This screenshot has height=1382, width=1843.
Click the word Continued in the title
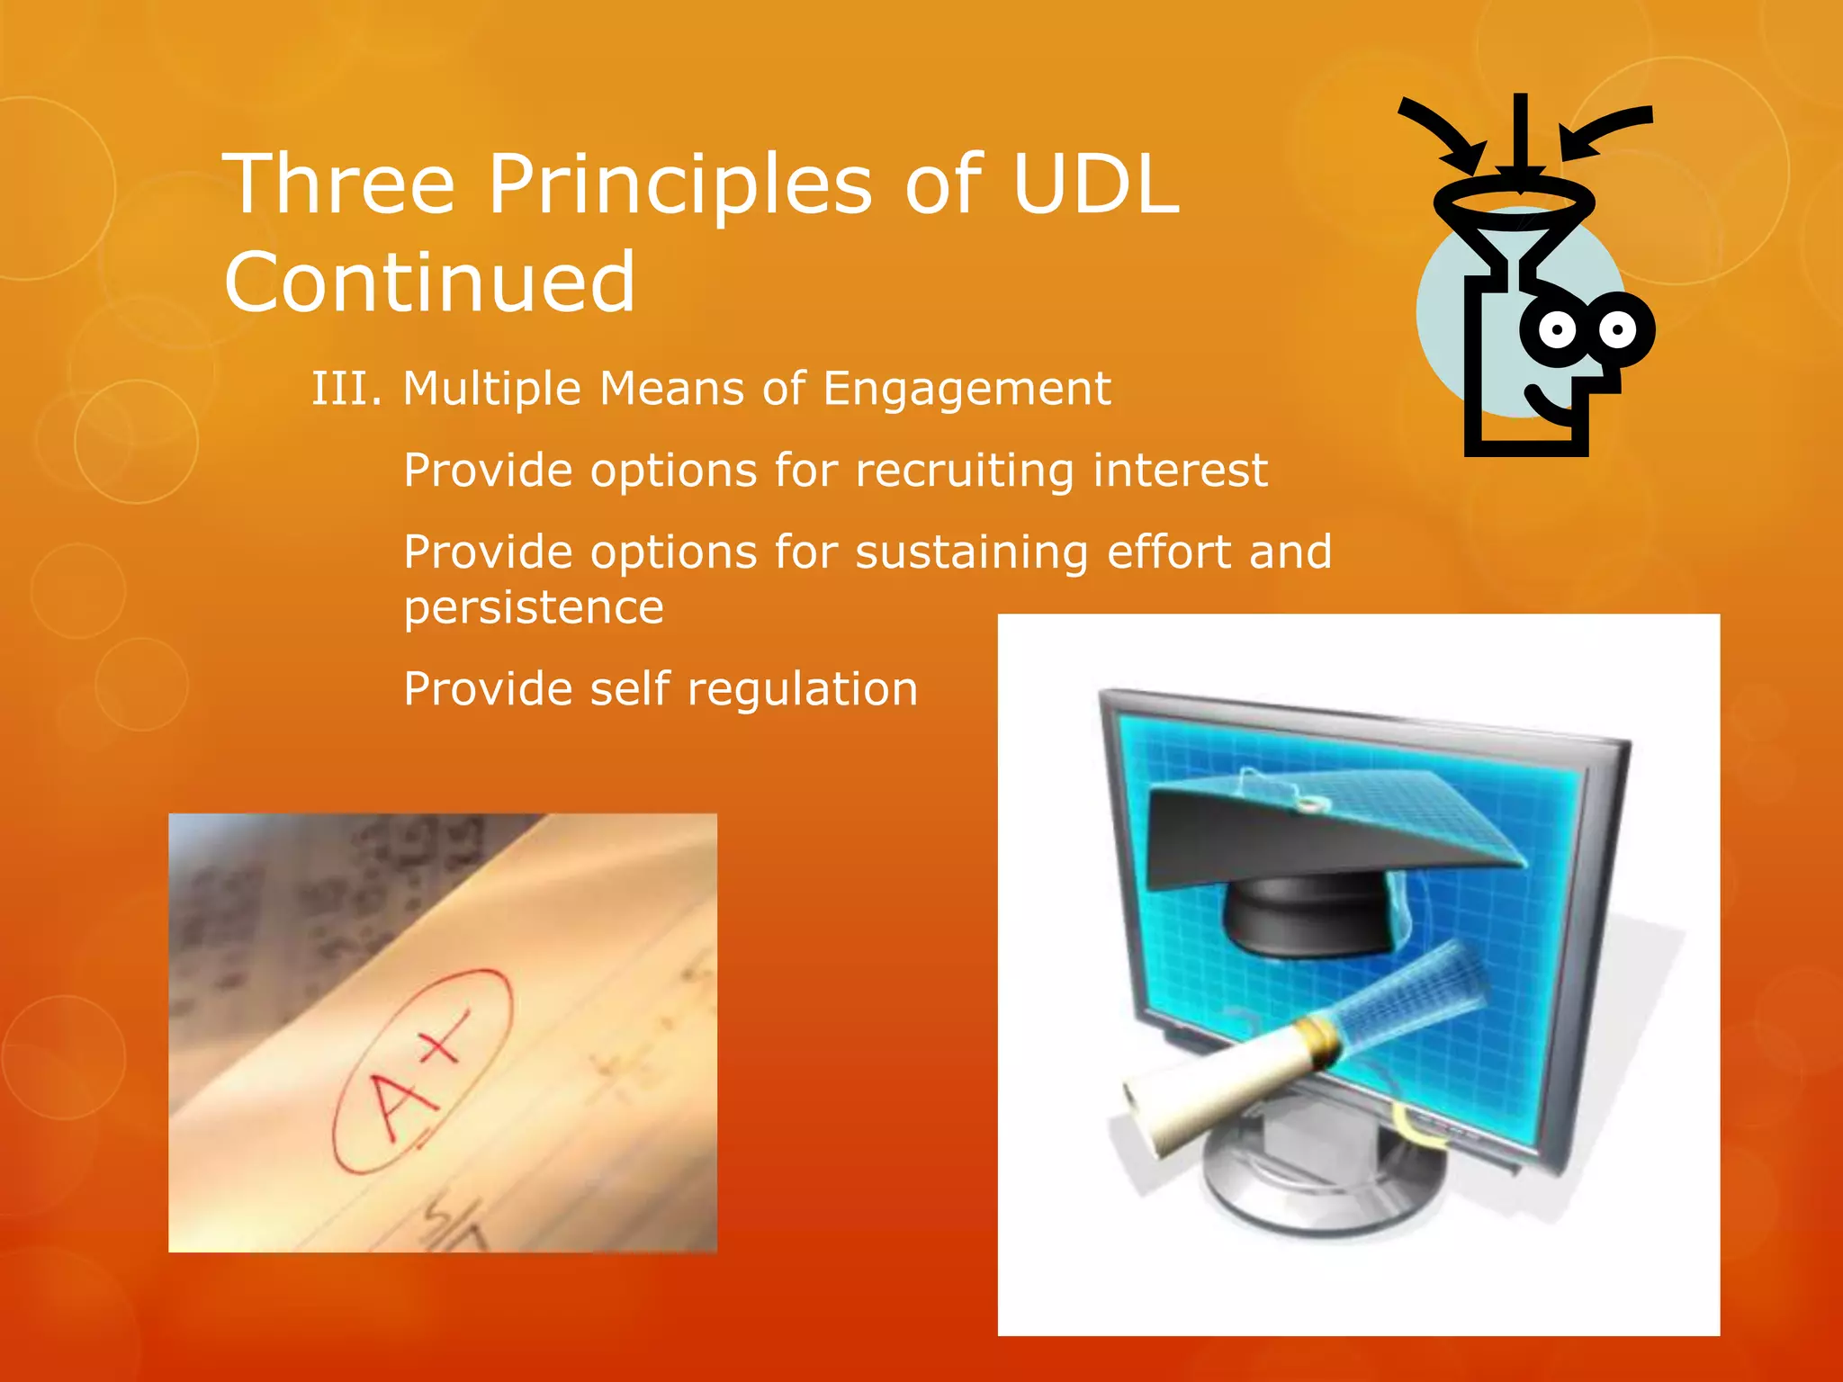coord(430,283)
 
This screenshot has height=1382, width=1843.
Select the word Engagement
coord(966,390)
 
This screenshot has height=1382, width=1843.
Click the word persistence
coord(534,607)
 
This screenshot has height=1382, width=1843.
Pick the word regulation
coord(802,690)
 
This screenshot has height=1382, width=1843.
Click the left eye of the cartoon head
coord(1557,330)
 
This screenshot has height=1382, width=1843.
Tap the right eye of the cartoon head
coord(1617,329)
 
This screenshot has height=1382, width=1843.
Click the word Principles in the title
coord(679,184)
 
